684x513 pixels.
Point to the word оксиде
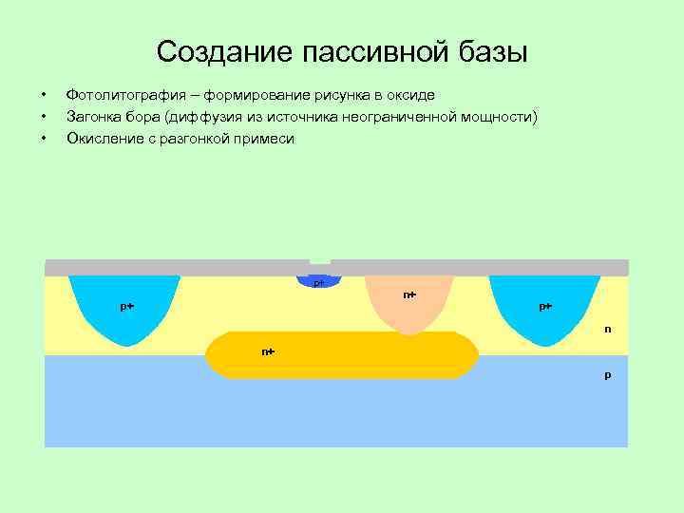(x=410, y=95)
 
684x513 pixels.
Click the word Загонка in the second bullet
(x=91, y=117)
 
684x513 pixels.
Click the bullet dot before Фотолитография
(x=43, y=96)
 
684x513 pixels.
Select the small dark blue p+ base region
(x=320, y=282)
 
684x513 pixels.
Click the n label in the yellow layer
(x=608, y=330)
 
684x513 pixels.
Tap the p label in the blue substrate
(x=608, y=375)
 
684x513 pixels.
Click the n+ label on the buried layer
(x=268, y=351)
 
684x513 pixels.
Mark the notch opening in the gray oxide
(x=320, y=259)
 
